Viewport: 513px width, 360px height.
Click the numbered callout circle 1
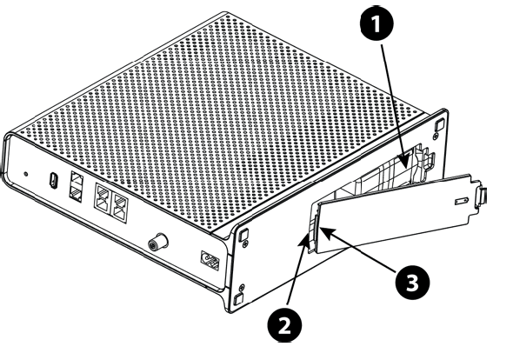tap(376, 24)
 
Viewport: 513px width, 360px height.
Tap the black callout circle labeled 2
tap(284, 325)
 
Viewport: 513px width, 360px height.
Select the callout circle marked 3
tap(412, 283)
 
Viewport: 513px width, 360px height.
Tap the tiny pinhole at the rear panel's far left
tap(26, 174)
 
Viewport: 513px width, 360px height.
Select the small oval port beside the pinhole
tap(53, 180)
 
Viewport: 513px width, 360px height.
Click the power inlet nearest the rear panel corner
tap(210, 260)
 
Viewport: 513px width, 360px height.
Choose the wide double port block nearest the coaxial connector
tap(119, 205)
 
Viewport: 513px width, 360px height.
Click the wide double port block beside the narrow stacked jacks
tap(102, 197)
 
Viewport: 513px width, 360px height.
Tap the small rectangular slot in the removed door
tap(462, 200)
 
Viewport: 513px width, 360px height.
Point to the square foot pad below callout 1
tap(439, 124)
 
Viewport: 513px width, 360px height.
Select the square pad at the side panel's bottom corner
tap(238, 299)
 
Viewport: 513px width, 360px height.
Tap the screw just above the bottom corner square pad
tap(242, 288)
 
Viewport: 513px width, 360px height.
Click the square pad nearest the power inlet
tap(243, 234)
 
